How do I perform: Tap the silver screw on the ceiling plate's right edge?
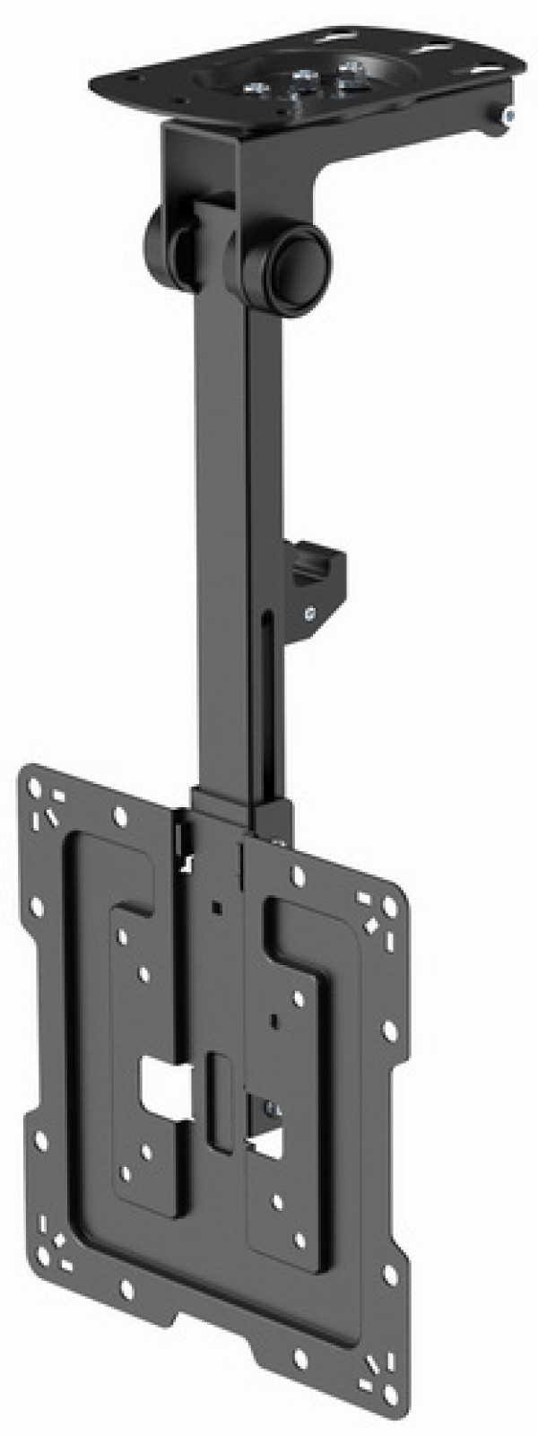click(508, 115)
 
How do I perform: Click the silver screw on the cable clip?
click(309, 614)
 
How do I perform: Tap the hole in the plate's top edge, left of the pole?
click(120, 815)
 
